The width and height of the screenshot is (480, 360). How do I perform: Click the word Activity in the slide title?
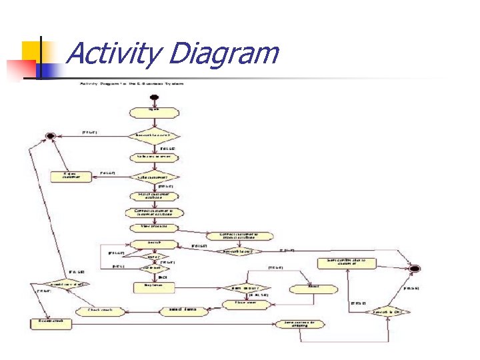113,53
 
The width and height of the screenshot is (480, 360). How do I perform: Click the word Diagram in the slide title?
223,53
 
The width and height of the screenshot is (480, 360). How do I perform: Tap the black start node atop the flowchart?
154,98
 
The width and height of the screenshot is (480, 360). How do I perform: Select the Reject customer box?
70,176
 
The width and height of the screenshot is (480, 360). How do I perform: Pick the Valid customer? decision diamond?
154,177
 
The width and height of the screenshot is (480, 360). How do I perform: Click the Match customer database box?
154,196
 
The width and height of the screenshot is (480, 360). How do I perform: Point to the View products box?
154,227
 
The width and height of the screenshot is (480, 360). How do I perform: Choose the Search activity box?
154,243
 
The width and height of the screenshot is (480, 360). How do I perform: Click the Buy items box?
154,285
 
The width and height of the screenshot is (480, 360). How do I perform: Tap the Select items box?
182,311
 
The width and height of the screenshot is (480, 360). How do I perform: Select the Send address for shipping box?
304,324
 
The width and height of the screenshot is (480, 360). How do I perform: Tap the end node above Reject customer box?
49,136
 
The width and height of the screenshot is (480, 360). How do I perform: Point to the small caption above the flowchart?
132,83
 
